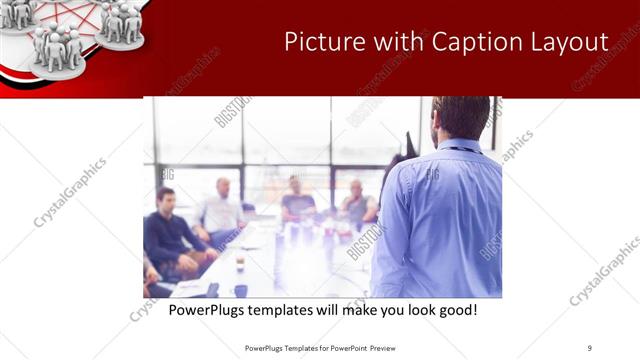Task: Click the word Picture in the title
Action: point(319,43)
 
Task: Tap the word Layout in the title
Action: point(573,43)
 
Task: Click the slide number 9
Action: point(589,348)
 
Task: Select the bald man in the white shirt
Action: point(221,211)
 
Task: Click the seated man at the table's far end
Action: point(297,201)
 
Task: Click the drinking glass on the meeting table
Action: point(240,263)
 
